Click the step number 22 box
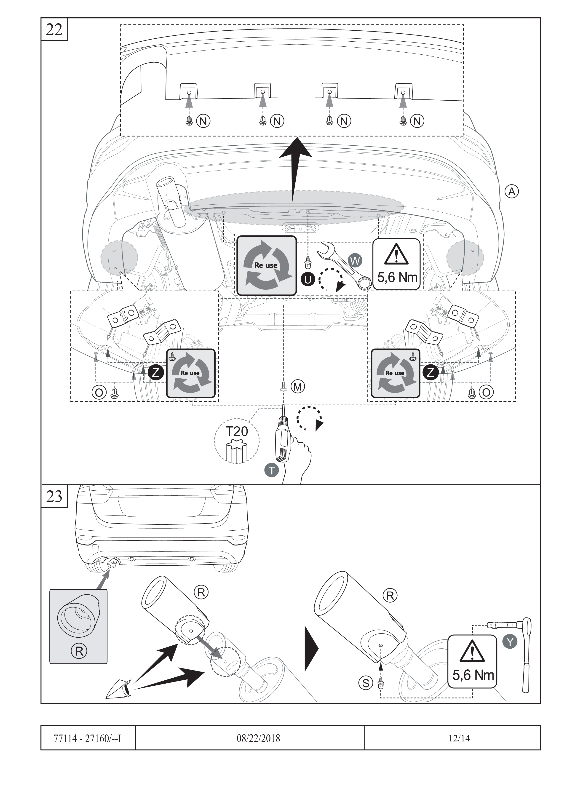(54, 30)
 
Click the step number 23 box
(54, 496)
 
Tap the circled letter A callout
(512, 191)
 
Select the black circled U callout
(308, 279)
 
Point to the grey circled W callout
(355, 261)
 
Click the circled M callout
(298, 386)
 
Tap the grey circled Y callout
(510, 641)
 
